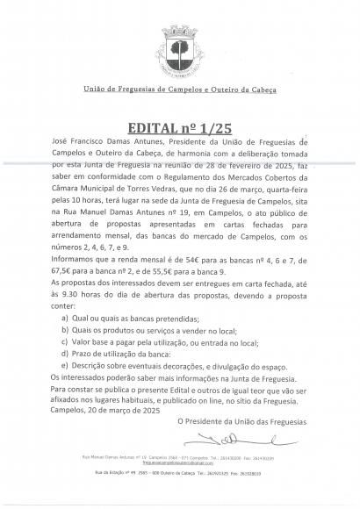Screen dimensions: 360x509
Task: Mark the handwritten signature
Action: tap(221, 438)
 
